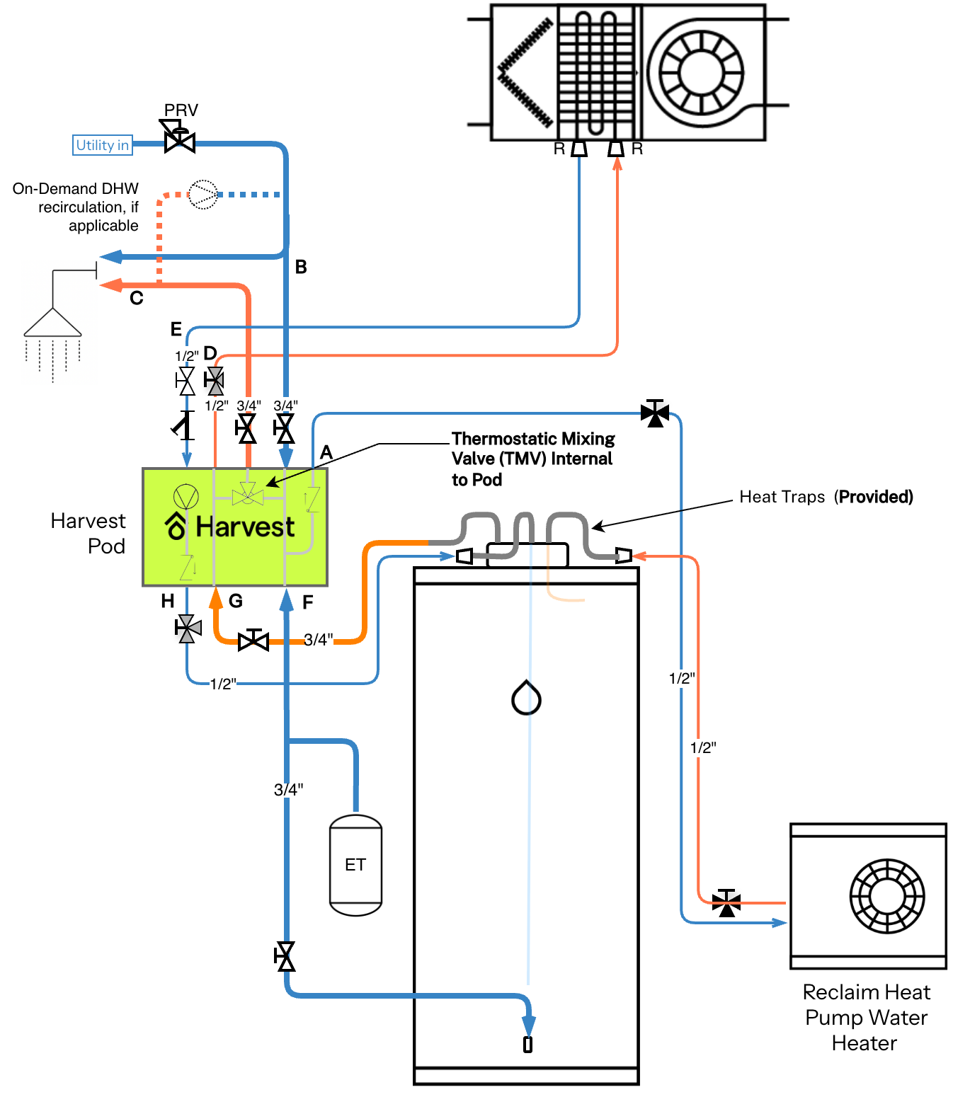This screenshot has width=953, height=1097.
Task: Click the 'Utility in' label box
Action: pyautogui.click(x=102, y=145)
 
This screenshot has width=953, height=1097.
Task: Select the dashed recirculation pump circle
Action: pyautogui.click(x=202, y=194)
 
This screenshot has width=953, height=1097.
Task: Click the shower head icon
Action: pyautogui.click(x=52, y=322)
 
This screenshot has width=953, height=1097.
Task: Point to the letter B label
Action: pyautogui.click(x=300, y=267)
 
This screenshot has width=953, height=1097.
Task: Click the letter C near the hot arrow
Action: pyautogui.click(x=136, y=297)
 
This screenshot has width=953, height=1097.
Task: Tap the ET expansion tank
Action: pyautogui.click(x=355, y=865)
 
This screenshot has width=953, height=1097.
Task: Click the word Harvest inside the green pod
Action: pyautogui.click(x=244, y=527)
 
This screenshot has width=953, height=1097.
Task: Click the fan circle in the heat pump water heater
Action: pyautogui.click(x=886, y=896)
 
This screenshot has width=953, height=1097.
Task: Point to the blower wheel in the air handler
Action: pyautogui.click(x=700, y=72)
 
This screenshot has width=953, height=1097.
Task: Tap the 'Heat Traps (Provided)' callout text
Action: pyautogui.click(x=826, y=497)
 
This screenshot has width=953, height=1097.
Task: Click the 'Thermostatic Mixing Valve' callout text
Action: pyautogui.click(x=532, y=459)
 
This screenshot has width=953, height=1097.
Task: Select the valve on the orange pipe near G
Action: pyautogui.click(x=253, y=641)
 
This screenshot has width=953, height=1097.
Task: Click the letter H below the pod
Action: pyautogui.click(x=167, y=600)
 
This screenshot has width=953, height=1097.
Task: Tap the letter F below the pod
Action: pyautogui.click(x=307, y=602)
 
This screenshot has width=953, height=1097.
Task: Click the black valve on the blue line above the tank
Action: pyautogui.click(x=654, y=413)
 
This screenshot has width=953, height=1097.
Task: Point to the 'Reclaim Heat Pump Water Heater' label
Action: pyautogui.click(x=866, y=1017)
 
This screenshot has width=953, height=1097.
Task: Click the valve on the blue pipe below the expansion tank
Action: pyautogui.click(x=284, y=956)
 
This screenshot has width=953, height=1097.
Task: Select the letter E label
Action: pyautogui.click(x=176, y=328)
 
